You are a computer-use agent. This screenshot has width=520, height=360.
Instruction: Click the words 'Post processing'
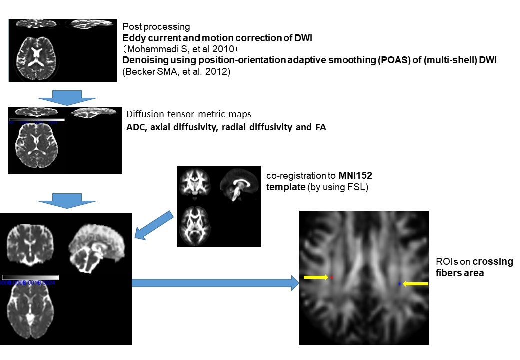click(x=156, y=26)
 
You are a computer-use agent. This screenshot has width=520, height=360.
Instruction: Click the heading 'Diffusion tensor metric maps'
click(x=189, y=114)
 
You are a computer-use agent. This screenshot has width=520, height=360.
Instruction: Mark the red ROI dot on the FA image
click(x=331, y=277)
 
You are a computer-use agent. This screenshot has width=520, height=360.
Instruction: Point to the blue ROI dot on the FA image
click(x=399, y=284)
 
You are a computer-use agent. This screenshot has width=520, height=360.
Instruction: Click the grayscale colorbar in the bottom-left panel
click(x=31, y=277)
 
